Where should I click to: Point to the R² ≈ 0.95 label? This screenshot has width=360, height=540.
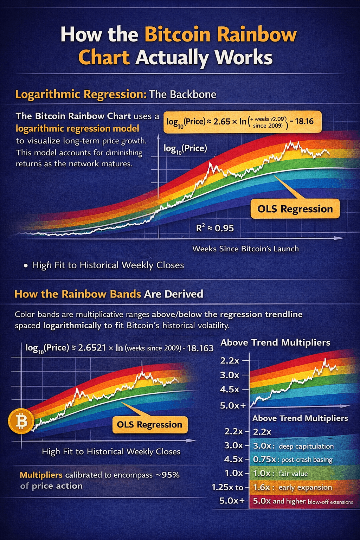click(215, 228)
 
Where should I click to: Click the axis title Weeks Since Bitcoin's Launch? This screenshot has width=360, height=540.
click(245, 249)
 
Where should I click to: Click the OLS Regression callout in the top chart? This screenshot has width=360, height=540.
click(295, 209)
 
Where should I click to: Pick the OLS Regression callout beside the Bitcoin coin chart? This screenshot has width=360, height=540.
click(149, 425)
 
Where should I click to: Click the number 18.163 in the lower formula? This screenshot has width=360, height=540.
click(200, 348)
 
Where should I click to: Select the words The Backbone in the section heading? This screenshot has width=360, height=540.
click(182, 95)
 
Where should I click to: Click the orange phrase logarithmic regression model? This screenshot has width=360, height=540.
click(77, 129)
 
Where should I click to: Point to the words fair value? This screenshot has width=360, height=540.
click(293, 474)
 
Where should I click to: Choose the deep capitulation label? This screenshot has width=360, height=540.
click(306, 446)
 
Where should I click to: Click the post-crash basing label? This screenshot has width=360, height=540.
click(307, 460)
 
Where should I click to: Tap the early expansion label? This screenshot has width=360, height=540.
click(305, 488)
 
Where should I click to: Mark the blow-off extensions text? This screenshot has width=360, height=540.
click(330, 502)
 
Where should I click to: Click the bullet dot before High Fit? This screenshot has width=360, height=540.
click(26, 266)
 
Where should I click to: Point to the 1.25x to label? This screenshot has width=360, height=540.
click(227, 488)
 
